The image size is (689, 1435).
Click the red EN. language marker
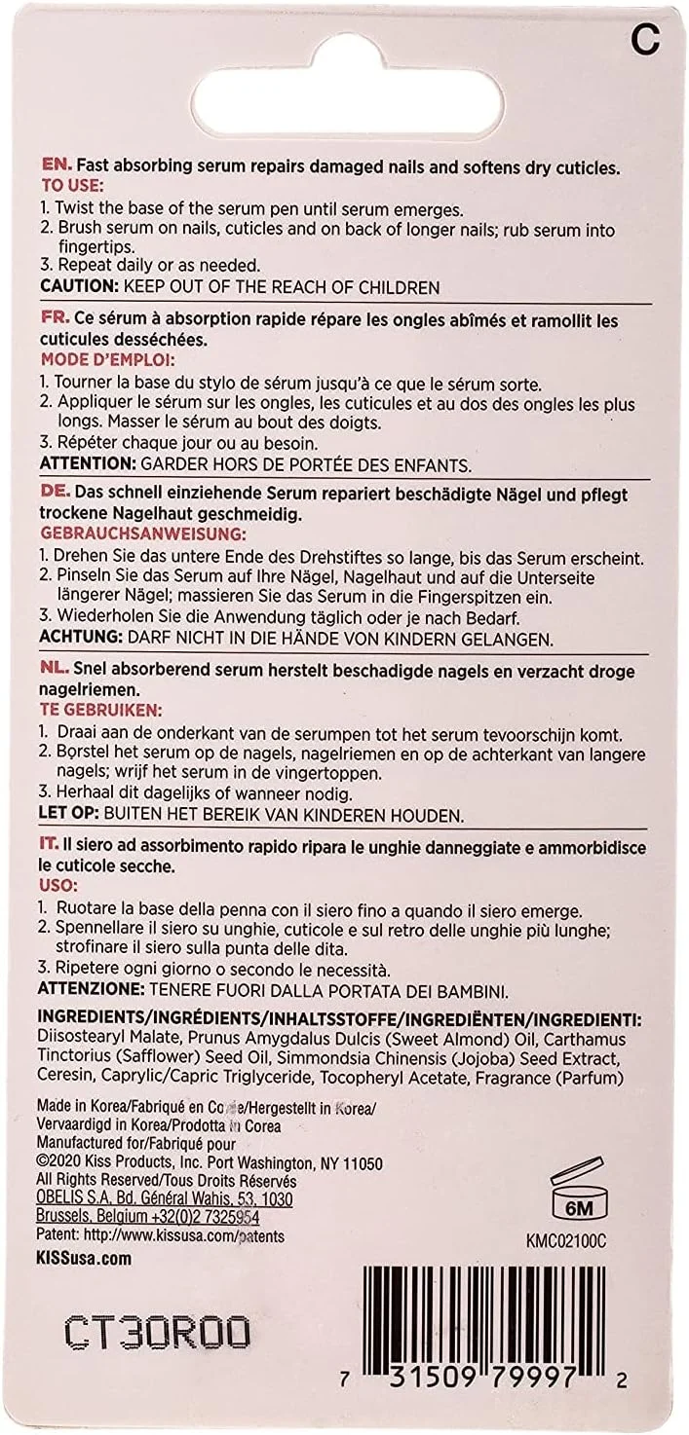56,167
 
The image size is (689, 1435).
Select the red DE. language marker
55,494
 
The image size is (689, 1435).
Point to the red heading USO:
57,887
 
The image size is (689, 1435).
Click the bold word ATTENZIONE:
92,989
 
